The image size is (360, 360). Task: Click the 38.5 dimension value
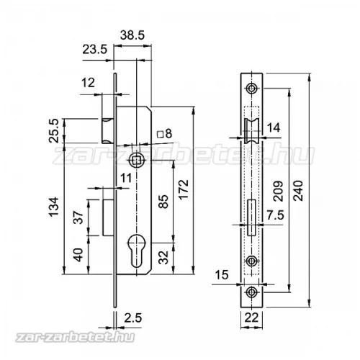pyautogui.click(x=132, y=35)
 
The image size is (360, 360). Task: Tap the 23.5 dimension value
pyautogui.click(x=95, y=50)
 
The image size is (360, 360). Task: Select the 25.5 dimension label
pyautogui.click(x=54, y=131)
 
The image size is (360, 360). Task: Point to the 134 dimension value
pyautogui.click(x=54, y=207)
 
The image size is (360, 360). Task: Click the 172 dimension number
pyautogui.click(x=184, y=189)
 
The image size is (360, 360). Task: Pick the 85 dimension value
pyautogui.click(x=163, y=202)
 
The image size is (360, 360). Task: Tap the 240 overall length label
pyautogui.click(x=298, y=191)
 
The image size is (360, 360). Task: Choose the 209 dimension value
pyautogui.click(x=279, y=192)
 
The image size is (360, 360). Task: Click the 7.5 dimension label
pyautogui.click(x=276, y=215)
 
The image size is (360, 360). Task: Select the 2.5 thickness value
pyautogui.click(x=133, y=318)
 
